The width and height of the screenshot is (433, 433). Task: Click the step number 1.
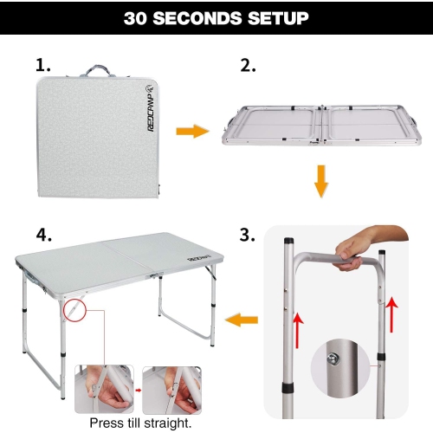coord(43,64)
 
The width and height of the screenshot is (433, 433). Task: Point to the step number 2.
coord(246,64)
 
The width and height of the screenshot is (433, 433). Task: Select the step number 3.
coord(246,234)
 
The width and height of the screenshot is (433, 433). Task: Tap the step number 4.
coord(42,234)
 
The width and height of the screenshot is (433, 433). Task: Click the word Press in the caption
coord(108,423)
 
